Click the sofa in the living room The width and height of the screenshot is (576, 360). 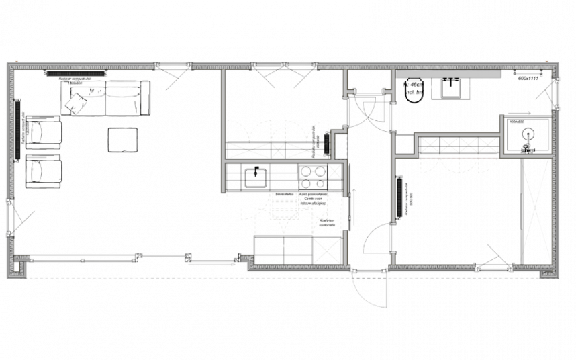tap(107, 97)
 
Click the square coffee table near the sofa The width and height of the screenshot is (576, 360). tap(124, 140)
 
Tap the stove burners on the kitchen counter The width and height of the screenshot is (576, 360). tap(310, 177)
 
